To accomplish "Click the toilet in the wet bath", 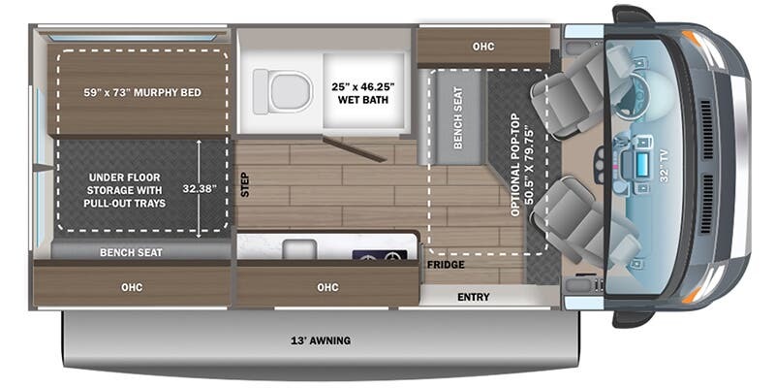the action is click(x=283, y=91).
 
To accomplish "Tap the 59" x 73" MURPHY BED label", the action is click(x=142, y=92).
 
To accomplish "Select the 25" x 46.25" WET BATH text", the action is click(x=362, y=93).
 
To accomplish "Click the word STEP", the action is click(x=244, y=184).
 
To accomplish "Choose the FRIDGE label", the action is click(x=446, y=265).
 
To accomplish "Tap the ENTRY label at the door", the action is click(x=473, y=297).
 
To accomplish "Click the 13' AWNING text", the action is click(x=322, y=340).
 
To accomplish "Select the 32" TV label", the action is click(x=664, y=168).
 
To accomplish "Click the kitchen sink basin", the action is click(x=299, y=249).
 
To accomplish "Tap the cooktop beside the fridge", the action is click(x=380, y=254).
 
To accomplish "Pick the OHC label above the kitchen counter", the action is click(x=327, y=287).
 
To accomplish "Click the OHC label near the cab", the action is click(x=482, y=47).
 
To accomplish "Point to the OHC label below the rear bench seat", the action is click(x=132, y=287).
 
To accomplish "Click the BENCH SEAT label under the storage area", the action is click(x=131, y=252).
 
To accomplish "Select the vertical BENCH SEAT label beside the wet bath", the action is click(x=457, y=117).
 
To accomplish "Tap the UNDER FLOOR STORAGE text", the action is click(x=124, y=190).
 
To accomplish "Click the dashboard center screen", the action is click(x=643, y=162).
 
